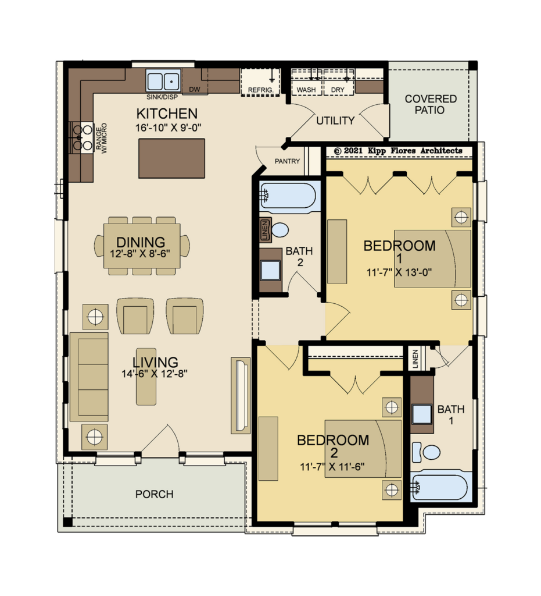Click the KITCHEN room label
pyautogui.click(x=167, y=113)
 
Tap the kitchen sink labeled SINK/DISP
pyautogui.click(x=163, y=80)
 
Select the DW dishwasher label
pyautogui.click(x=195, y=89)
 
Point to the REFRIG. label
pyautogui.click(x=261, y=90)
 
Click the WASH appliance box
pyautogui.click(x=307, y=81)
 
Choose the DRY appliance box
pyautogui.click(x=338, y=81)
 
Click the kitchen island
pyautogui.click(x=172, y=158)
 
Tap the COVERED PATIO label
pyautogui.click(x=430, y=105)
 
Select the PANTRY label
pyautogui.click(x=287, y=161)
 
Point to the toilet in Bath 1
pyautogui.click(x=426, y=452)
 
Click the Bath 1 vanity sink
pyautogui.click(x=422, y=414)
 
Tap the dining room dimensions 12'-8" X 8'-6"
pyautogui.click(x=140, y=254)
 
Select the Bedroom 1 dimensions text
pyautogui.click(x=399, y=272)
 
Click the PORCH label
pyautogui.click(x=155, y=494)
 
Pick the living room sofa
pyautogui.click(x=89, y=377)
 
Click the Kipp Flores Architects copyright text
pyautogui.click(x=398, y=151)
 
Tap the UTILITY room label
pyautogui.click(x=335, y=120)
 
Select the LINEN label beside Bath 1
pyautogui.click(x=415, y=359)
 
